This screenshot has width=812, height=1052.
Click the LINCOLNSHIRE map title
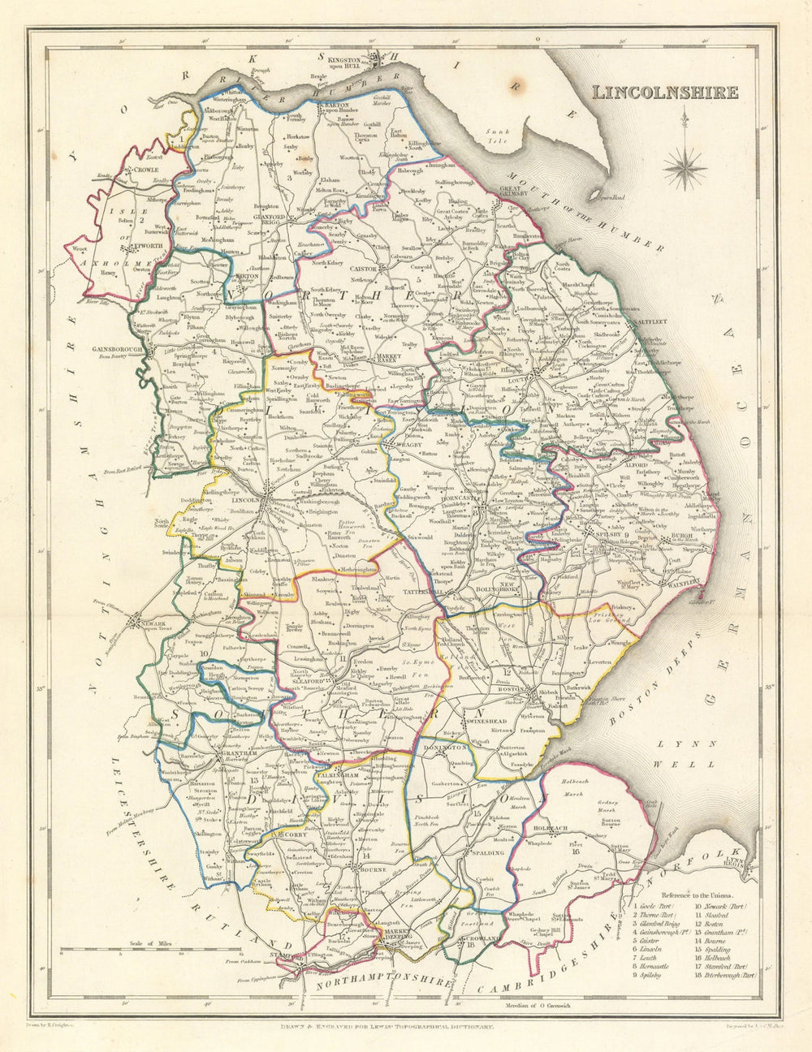(665, 92)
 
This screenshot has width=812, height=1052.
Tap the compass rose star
(687, 167)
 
